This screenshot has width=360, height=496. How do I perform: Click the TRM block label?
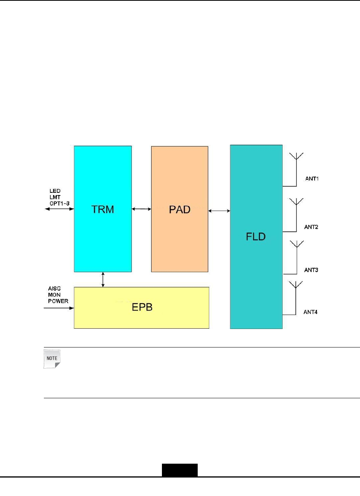(103, 209)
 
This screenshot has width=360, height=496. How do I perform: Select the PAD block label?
(180, 209)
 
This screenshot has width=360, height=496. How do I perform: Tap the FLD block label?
(256, 237)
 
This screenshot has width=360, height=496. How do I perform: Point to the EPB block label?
(142, 307)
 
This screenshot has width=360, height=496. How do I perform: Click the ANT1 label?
(312, 179)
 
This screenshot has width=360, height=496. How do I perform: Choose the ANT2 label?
(311, 227)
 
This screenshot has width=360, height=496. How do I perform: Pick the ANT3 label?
(311, 270)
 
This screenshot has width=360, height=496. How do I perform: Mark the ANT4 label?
(310, 312)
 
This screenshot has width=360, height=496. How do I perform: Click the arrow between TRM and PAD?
(142, 209)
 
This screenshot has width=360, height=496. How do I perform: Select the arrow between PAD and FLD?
(219, 210)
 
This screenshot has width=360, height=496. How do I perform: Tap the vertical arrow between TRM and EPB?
(103, 279)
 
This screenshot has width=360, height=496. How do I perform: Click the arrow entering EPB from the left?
(59, 308)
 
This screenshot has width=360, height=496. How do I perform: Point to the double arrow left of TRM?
(59, 209)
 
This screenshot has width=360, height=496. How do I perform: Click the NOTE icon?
(52, 359)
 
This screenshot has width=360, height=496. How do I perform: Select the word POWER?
(58, 301)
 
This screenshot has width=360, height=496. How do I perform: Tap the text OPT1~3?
(60, 204)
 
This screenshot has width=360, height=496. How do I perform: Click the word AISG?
(54, 289)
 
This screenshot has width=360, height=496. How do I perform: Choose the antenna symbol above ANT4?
(296, 286)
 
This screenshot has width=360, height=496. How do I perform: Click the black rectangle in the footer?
(180, 470)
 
